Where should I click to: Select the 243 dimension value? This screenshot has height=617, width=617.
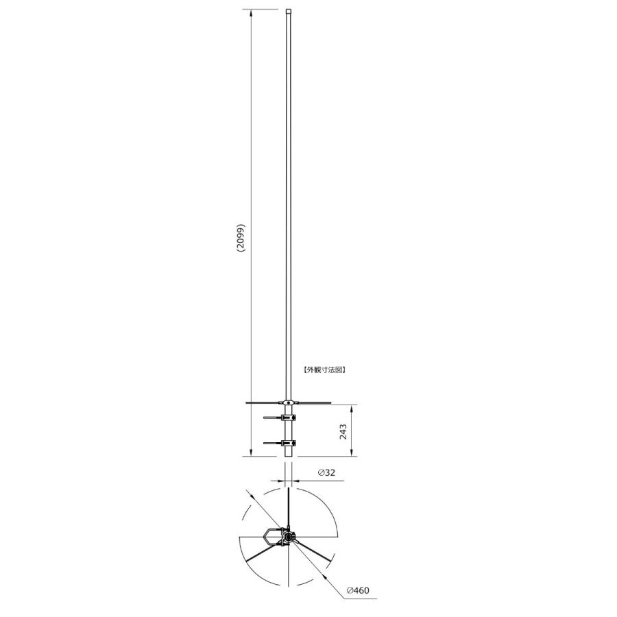[343, 431]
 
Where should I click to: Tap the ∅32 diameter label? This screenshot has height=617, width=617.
[327, 473]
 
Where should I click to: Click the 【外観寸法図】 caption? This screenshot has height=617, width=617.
[324, 369]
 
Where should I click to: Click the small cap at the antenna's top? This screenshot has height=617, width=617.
[289, 11]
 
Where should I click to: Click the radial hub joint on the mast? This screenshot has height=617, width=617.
[290, 402]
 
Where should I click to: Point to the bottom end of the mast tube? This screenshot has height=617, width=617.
[290, 454]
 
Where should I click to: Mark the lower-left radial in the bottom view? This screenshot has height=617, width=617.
[264, 552]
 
